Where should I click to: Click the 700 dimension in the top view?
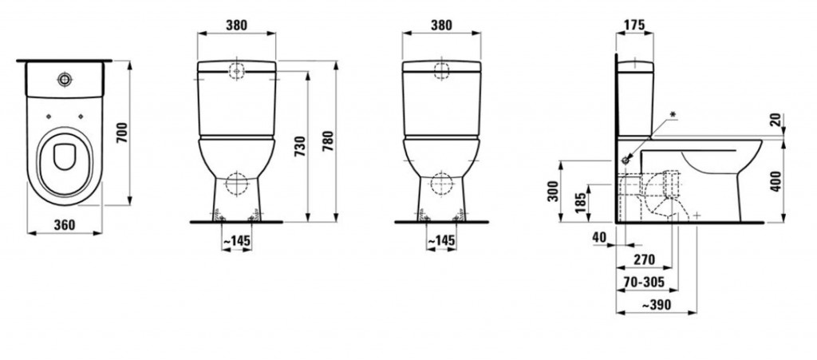click(121, 133)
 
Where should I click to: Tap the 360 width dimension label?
click(65, 224)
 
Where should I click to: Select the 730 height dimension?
click(300, 147)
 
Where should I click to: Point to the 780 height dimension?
click(328, 141)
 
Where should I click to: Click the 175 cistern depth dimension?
click(634, 25)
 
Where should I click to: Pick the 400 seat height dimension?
click(776, 181)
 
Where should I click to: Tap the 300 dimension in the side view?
click(554, 192)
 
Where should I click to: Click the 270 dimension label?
click(644, 259)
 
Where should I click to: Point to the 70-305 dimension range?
click(644, 282)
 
